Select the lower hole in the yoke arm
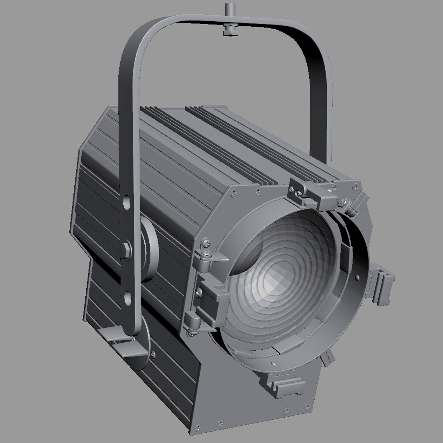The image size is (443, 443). coord(128,296)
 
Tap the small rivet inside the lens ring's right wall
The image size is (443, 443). coord(358,278)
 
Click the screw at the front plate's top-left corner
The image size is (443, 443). coord(234,190)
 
